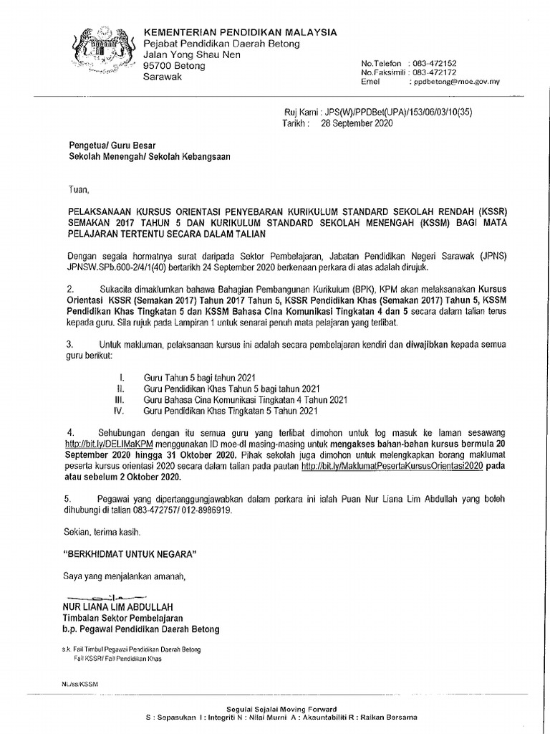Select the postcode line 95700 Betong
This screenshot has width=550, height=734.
[x=174, y=66]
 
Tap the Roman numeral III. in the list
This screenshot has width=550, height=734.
[x=120, y=399]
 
